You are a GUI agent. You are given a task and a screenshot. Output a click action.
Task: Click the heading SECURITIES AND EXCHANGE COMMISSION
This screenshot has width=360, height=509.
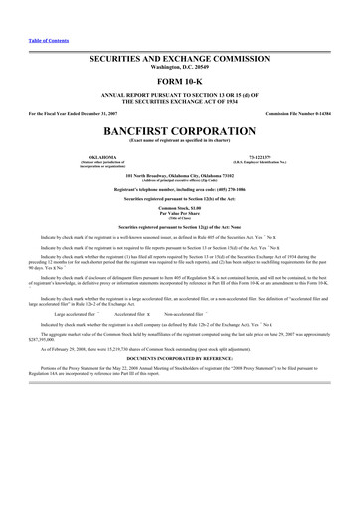180,61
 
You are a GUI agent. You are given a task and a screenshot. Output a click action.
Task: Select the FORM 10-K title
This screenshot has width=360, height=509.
180,80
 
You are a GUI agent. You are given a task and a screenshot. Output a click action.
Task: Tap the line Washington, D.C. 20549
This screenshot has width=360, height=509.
180,69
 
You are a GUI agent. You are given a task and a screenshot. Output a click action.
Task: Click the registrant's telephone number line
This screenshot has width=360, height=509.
180,187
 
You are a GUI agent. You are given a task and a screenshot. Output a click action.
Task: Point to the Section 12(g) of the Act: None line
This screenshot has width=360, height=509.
180,227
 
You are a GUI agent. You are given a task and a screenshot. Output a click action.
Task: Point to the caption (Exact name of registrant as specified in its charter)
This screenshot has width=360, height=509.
180,139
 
